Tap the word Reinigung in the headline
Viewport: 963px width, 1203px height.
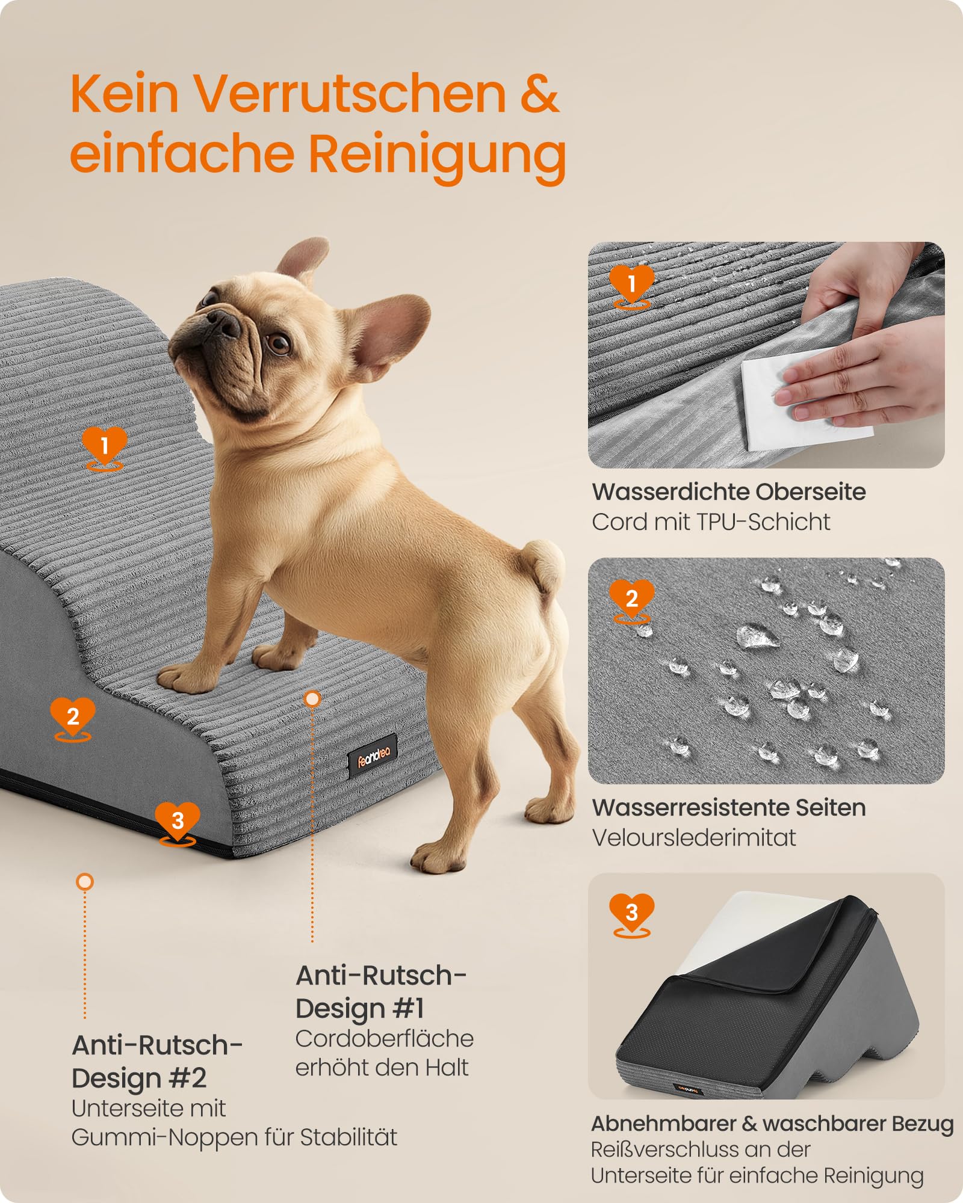click(x=438, y=155)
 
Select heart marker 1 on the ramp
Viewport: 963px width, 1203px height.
click(x=105, y=447)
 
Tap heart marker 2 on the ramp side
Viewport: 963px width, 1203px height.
click(x=73, y=718)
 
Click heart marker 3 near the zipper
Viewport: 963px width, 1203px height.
click(x=178, y=822)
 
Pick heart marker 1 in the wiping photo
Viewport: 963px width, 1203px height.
click(x=631, y=285)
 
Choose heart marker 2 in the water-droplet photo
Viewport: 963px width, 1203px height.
click(x=631, y=600)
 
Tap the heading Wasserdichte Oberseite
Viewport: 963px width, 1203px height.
click(x=729, y=492)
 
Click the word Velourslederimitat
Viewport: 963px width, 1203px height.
click(x=694, y=837)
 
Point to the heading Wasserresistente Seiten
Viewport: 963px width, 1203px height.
click(x=729, y=807)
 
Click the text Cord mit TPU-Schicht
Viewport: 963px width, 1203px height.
click(x=711, y=522)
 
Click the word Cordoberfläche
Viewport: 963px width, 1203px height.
click(x=385, y=1039)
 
